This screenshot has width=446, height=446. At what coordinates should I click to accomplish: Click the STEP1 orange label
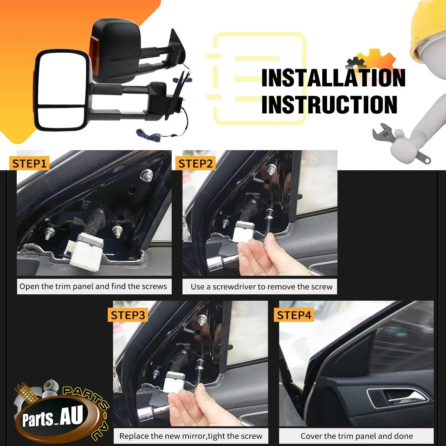[x=29, y=164]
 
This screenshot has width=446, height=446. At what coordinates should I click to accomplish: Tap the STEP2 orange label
[x=195, y=164]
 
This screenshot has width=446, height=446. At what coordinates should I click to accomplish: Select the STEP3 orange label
[x=128, y=315]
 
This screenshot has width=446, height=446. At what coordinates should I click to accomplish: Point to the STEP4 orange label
[x=294, y=315]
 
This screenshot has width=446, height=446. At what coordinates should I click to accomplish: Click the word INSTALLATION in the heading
[x=333, y=78]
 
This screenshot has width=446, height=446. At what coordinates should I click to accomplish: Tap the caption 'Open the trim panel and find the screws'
[x=93, y=286]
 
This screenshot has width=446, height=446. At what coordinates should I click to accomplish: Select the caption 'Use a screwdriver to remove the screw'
[x=262, y=287]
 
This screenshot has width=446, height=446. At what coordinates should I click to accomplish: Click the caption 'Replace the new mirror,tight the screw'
[x=191, y=436]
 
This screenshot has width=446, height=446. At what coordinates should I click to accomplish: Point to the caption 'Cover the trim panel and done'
[x=357, y=436]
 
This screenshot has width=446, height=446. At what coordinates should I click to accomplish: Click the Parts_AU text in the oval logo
[x=52, y=417]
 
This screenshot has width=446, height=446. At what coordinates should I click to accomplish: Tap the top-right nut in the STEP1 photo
[x=146, y=175]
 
